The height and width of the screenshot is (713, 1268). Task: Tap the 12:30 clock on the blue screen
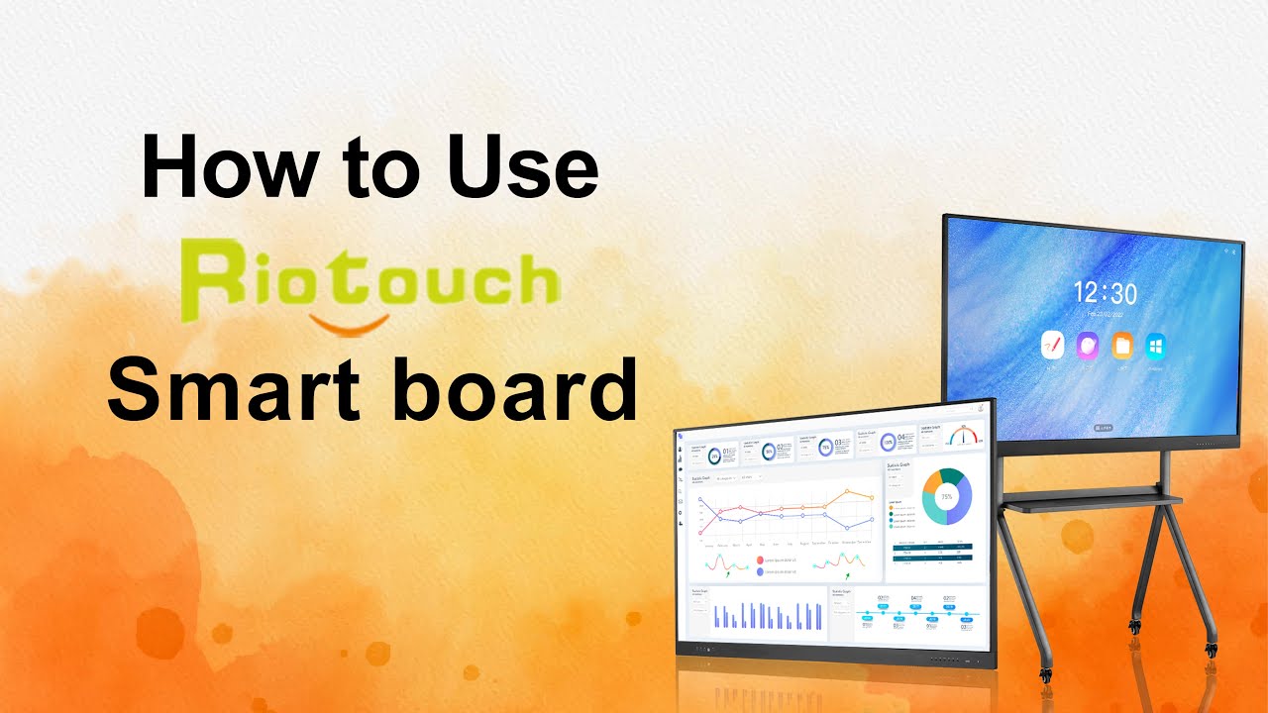1106,293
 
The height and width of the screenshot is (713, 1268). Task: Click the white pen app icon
1052,346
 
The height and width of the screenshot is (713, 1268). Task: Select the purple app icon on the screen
1087,346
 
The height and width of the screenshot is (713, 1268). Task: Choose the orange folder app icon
1121,346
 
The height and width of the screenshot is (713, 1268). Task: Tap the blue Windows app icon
1155,346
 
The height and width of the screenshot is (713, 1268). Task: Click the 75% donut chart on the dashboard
947,496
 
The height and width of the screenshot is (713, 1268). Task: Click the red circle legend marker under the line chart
760,560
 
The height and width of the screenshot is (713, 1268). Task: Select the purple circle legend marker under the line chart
760,571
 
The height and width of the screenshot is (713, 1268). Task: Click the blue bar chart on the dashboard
769,616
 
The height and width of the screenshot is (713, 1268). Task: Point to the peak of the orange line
848,491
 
